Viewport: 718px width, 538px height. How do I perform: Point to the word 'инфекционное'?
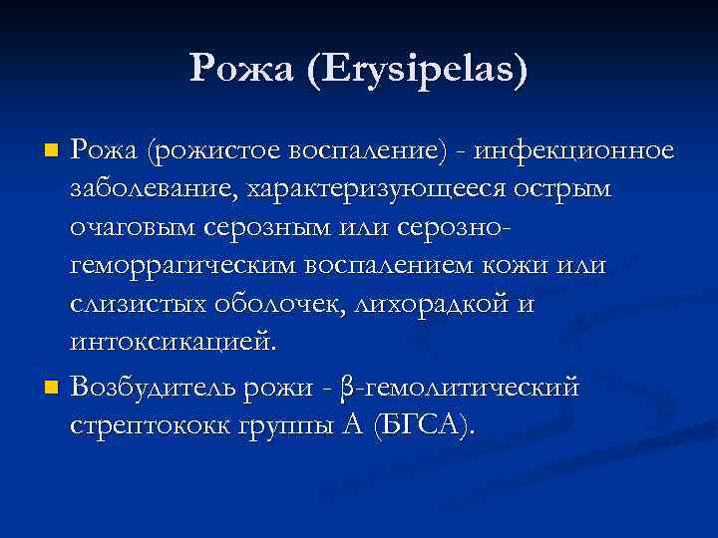click(x=574, y=152)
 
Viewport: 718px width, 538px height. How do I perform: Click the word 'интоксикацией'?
click(x=170, y=342)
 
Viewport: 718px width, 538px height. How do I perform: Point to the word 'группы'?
click(x=283, y=426)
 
